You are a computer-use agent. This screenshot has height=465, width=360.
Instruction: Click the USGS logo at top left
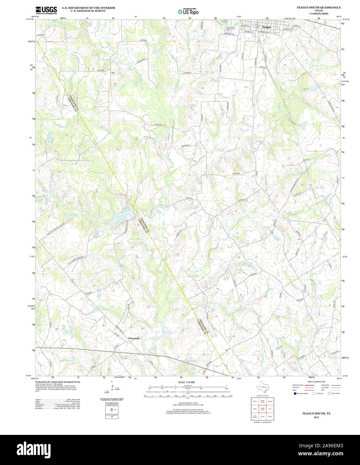(x=46, y=10)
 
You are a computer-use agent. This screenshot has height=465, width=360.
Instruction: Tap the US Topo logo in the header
(x=188, y=12)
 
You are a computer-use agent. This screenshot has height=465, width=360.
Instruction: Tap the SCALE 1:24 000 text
(x=186, y=382)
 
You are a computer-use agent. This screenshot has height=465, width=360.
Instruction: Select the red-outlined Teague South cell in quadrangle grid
(x=262, y=409)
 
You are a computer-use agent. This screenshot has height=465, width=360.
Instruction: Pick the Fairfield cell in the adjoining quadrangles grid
(x=270, y=401)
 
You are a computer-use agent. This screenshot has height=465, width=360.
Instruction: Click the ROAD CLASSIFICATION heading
(x=316, y=382)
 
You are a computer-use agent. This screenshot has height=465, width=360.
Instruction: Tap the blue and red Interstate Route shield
(x=294, y=393)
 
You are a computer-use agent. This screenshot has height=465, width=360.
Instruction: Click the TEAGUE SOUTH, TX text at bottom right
(x=316, y=413)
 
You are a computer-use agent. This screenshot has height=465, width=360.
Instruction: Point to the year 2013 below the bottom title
(x=316, y=417)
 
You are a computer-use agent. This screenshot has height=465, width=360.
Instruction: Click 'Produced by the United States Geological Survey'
(x=58, y=382)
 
